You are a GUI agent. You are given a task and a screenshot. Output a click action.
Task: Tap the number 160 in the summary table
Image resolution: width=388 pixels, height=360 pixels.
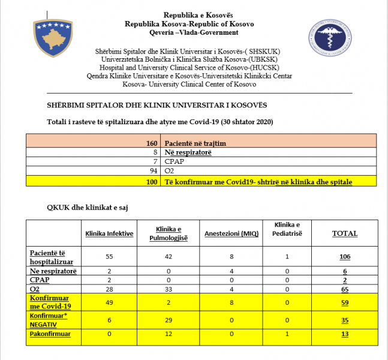[151, 143]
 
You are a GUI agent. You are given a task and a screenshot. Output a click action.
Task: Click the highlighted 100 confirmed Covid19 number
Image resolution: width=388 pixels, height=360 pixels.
[151, 181]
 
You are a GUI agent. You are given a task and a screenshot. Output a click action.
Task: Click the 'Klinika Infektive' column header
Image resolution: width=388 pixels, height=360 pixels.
[109, 233]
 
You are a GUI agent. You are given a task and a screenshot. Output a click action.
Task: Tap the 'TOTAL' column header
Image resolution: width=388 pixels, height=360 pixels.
[345, 233]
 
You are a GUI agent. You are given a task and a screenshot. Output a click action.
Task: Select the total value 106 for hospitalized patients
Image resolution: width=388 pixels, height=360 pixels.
[345, 256]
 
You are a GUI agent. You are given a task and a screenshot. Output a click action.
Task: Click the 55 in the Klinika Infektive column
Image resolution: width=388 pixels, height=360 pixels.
[109, 256]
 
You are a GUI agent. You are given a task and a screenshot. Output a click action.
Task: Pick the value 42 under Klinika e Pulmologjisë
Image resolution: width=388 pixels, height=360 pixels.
[169, 256]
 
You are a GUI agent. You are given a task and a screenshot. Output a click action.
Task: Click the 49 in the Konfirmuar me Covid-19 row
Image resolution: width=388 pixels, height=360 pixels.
[109, 302]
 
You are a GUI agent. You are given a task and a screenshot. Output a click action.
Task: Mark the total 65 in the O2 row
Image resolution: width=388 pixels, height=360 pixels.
[345, 289]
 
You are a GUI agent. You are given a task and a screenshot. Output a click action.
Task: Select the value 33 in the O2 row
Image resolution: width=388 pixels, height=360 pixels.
[169, 289]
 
